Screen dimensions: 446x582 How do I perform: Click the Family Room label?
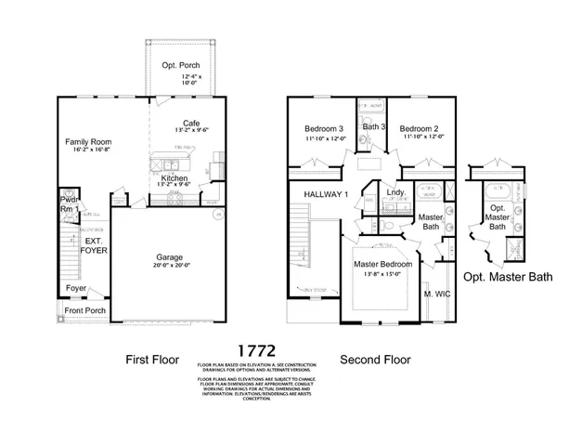[x=88, y=142]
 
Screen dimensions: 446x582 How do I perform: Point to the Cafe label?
[x=191, y=123]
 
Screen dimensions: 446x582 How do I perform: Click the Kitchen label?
[x=175, y=177]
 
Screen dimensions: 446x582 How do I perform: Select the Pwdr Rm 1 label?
[x=69, y=204]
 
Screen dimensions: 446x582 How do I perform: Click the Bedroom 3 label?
[x=324, y=127]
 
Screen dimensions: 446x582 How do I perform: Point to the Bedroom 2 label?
[x=420, y=127]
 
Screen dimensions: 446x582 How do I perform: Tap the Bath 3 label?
[x=374, y=126]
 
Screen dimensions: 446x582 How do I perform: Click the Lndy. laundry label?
[x=396, y=193]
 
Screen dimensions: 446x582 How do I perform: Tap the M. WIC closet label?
[x=435, y=295]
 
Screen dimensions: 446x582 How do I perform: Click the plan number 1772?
[x=255, y=350]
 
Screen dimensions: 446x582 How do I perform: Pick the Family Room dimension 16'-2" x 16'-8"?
[x=88, y=151]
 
